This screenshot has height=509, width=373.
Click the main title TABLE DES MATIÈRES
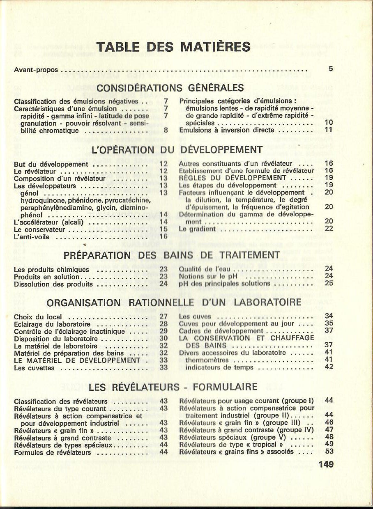tap(173, 46)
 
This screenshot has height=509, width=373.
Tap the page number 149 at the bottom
tap(326, 465)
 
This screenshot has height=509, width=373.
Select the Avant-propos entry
tap(36, 70)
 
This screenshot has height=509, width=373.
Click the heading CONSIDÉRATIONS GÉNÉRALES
tap(170, 88)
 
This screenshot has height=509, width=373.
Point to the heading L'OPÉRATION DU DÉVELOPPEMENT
tap(177, 149)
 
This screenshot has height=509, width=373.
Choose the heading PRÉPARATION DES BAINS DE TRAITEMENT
tap(172, 255)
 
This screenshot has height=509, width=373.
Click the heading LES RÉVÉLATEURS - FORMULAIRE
tap(173, 387)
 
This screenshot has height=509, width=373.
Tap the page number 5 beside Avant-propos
tap(331, 69)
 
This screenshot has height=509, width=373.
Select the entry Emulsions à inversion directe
tap(226, 130)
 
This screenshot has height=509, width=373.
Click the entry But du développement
tap(51, 164)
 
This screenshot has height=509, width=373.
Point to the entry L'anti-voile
tap(32, 237)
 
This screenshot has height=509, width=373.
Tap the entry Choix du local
tap(38, 317)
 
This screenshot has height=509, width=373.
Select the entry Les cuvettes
tap(34, 368)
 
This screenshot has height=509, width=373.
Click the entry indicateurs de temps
tap(219, 367)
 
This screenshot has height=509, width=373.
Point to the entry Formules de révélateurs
tap(52, 452)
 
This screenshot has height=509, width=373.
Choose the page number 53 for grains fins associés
tap(329, 452)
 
